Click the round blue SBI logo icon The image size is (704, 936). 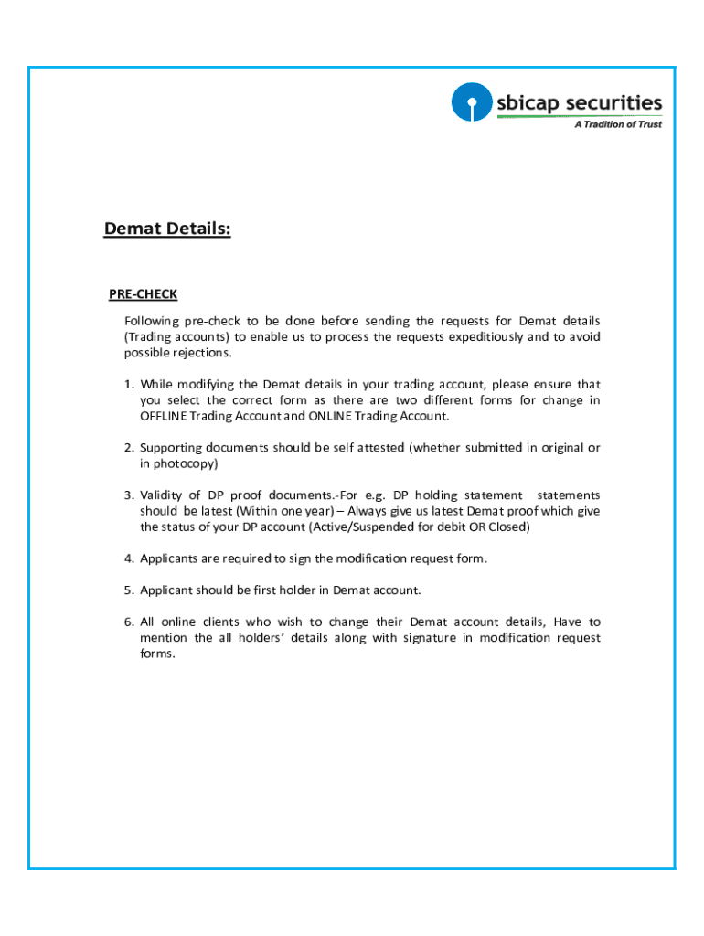pyautogui.click(x=471, y=103)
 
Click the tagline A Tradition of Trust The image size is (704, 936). pyautogui.click(x=617, y=124)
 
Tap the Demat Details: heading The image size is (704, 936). pyautogui.click(x=167, y=229)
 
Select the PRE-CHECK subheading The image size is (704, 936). pyautogui.click(x=143, y=294)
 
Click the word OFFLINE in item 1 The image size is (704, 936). pyautogui.click(x=162, y=416)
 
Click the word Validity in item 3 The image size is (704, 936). pyautogui.click(x=161, y=495)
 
